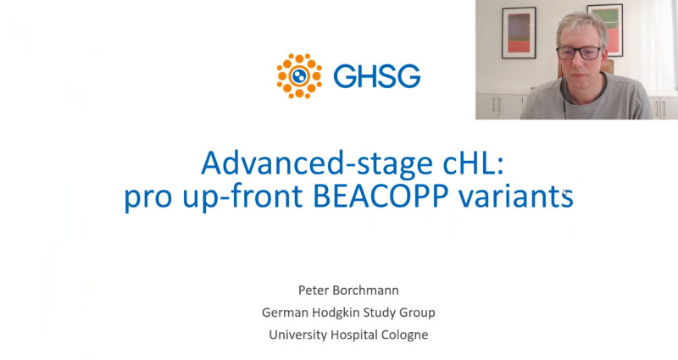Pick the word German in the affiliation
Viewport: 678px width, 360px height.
click(285, 313)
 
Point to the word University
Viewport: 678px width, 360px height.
click(297, 335)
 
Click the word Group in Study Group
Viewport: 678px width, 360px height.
click(417, 313)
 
